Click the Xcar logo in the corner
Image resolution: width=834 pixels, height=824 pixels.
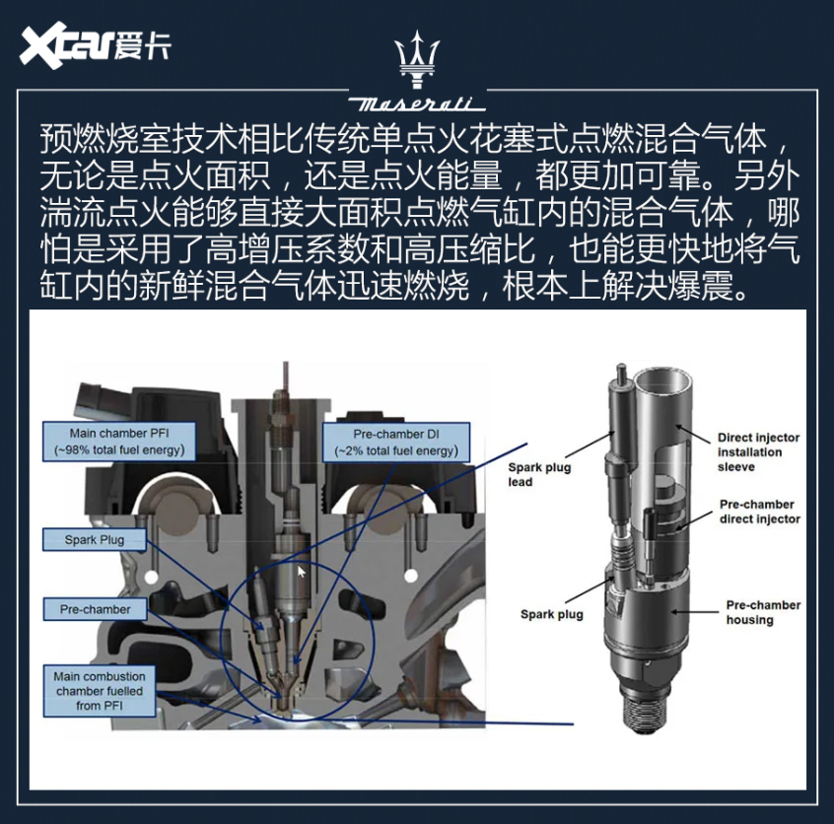(x=94, y=47)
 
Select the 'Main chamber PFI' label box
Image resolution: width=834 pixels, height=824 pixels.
(x=118, y=442)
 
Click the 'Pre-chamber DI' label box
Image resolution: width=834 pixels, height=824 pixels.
(x=396, y=442)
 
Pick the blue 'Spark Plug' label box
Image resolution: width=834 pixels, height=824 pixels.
(x=95, y=539)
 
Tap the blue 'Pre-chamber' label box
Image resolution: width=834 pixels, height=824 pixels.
(x=95, y=609)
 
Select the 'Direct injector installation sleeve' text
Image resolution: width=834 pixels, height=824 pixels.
(x=758, y=451)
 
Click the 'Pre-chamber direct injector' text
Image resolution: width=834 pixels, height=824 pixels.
(x=760, y=512)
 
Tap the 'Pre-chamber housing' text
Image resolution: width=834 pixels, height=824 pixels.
(x=763, y=612)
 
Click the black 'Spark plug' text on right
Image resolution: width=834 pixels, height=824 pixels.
(x=552, y=614)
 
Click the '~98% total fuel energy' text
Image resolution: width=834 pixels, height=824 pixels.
(x=118, y=450)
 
